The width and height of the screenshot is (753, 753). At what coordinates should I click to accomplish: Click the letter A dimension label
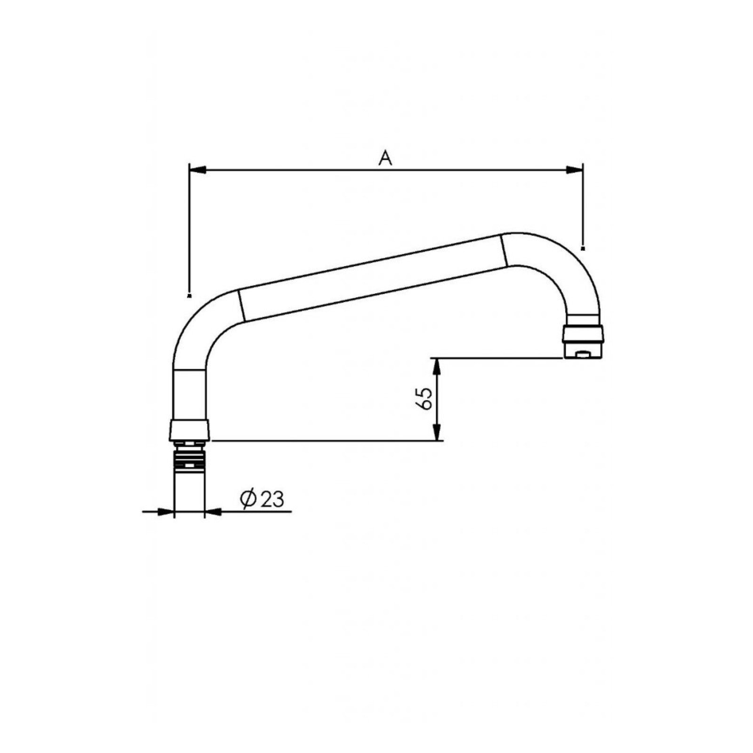tap(385, 158)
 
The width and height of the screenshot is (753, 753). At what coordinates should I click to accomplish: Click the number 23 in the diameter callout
tap(272, 499)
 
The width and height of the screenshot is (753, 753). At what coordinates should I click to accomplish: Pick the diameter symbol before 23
tap(248, 499)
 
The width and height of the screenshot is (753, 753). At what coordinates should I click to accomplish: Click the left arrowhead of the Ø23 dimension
tap(166, 511)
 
